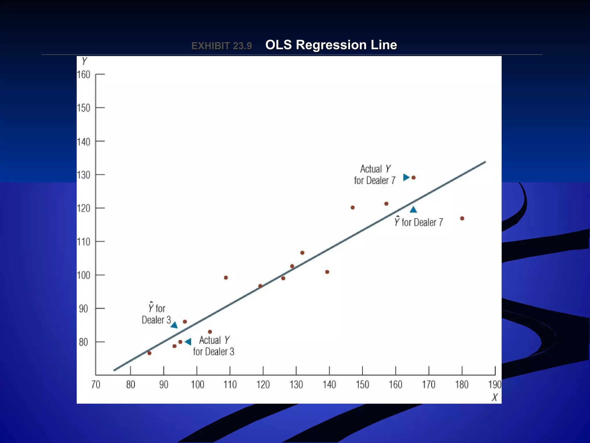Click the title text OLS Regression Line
pos(331,45)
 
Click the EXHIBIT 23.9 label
pos(222,46)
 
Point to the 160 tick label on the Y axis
pos(84,75)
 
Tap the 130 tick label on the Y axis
pos(84,175)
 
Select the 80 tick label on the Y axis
pos(83,342)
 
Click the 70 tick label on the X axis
pos(96,385)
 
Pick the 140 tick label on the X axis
pos(329,385)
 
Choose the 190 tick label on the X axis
pos(495,385)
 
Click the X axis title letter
pos(495,397)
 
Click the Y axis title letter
pos(84,61)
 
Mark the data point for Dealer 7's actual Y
pos(413,178)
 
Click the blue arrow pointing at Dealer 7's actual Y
pos(406,177)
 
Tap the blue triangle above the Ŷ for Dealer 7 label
pos(413,210)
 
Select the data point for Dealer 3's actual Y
pos(180,342)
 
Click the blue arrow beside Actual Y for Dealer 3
pos(188,342)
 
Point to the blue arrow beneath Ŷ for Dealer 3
pos(174,325)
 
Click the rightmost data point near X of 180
pos(462,218)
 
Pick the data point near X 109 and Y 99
pos(226,278)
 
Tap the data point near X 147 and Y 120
pos(353,208)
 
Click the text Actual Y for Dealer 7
pos(375,175)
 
